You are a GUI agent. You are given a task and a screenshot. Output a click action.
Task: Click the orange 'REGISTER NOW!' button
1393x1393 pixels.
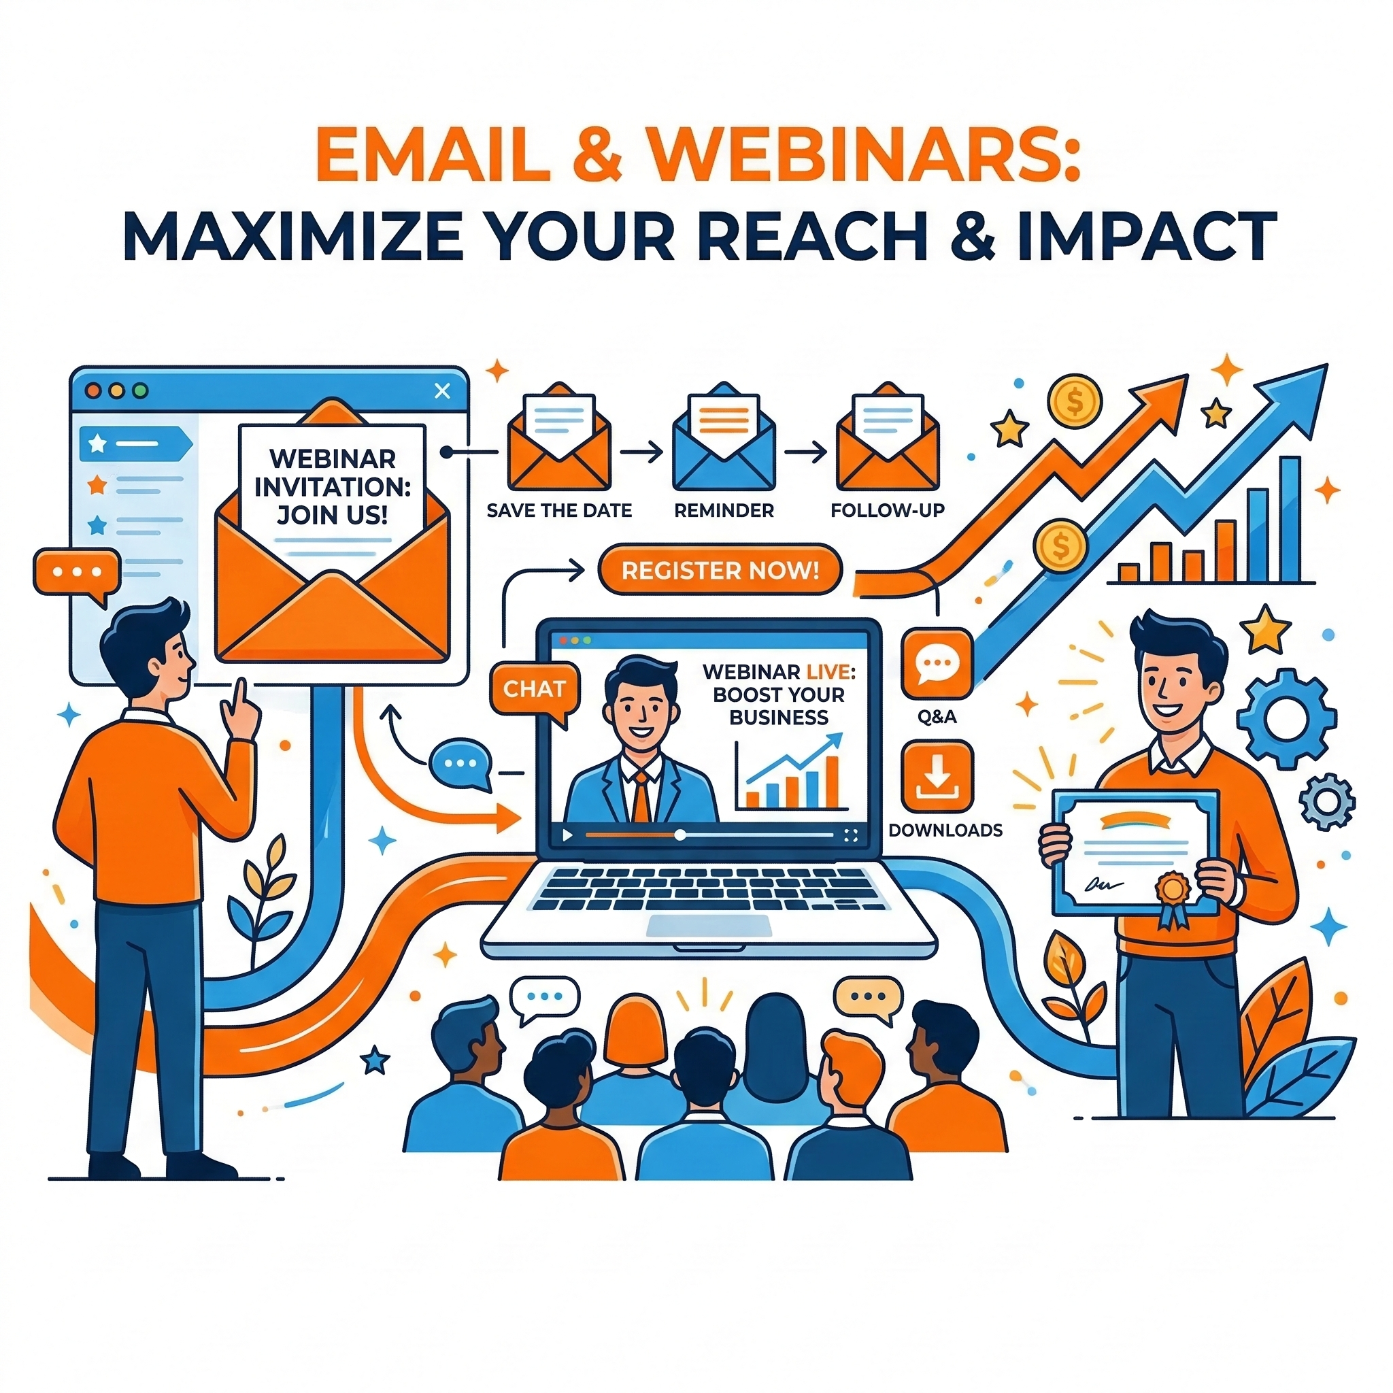[720, 570]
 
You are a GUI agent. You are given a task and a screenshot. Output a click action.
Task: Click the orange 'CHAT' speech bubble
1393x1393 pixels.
[534, 689]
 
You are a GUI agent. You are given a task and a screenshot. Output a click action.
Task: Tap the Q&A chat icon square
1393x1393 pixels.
[937, 664]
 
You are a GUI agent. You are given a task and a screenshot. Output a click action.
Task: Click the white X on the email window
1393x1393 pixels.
[442, 391]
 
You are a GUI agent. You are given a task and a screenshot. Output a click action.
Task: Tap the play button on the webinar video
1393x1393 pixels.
[567, 835]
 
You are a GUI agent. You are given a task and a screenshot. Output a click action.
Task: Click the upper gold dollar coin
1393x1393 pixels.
[1074, 401]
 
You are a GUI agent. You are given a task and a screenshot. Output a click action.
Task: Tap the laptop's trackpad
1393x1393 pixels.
[709, 924]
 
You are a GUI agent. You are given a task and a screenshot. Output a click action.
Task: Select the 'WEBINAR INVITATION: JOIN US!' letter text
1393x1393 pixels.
[333, 487]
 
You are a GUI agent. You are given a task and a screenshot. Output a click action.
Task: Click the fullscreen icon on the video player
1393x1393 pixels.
[850, 835]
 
